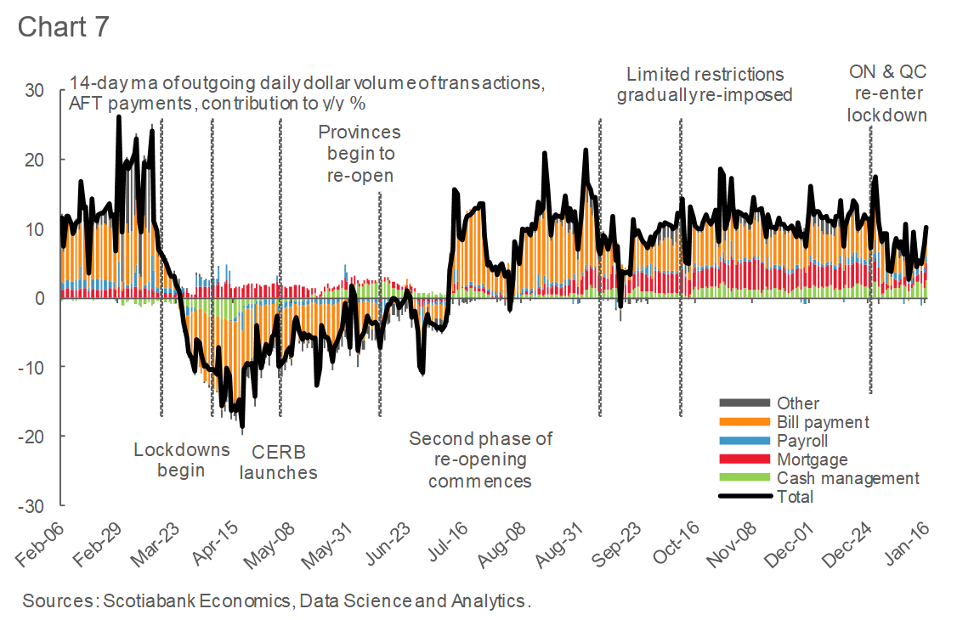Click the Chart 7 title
pyautogui.click(x=64, y=27)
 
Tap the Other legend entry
pyautogui.click(x=798, y=403)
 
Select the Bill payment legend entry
pyautogui.click(x=823, y=422)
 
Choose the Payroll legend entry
pyautogui.click(x=802, y=441)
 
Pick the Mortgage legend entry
pyautogui.click(x=812, y=459)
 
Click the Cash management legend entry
pyautogui.click(x=847, y=478)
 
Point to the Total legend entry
pyautogui.click(x=795, y=497)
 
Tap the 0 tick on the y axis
pyautogui.click(x=40, y=298)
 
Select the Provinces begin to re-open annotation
pyautogui.click(x=360, y=154)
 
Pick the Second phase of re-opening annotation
pyautogui.click(x=480, y=459)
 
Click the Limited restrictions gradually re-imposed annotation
pyautogui.click(x=705, y=84)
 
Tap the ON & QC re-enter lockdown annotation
pyautogui.click(x=886, y=93)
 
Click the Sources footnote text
pyautogui.click(x=276, y=601)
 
